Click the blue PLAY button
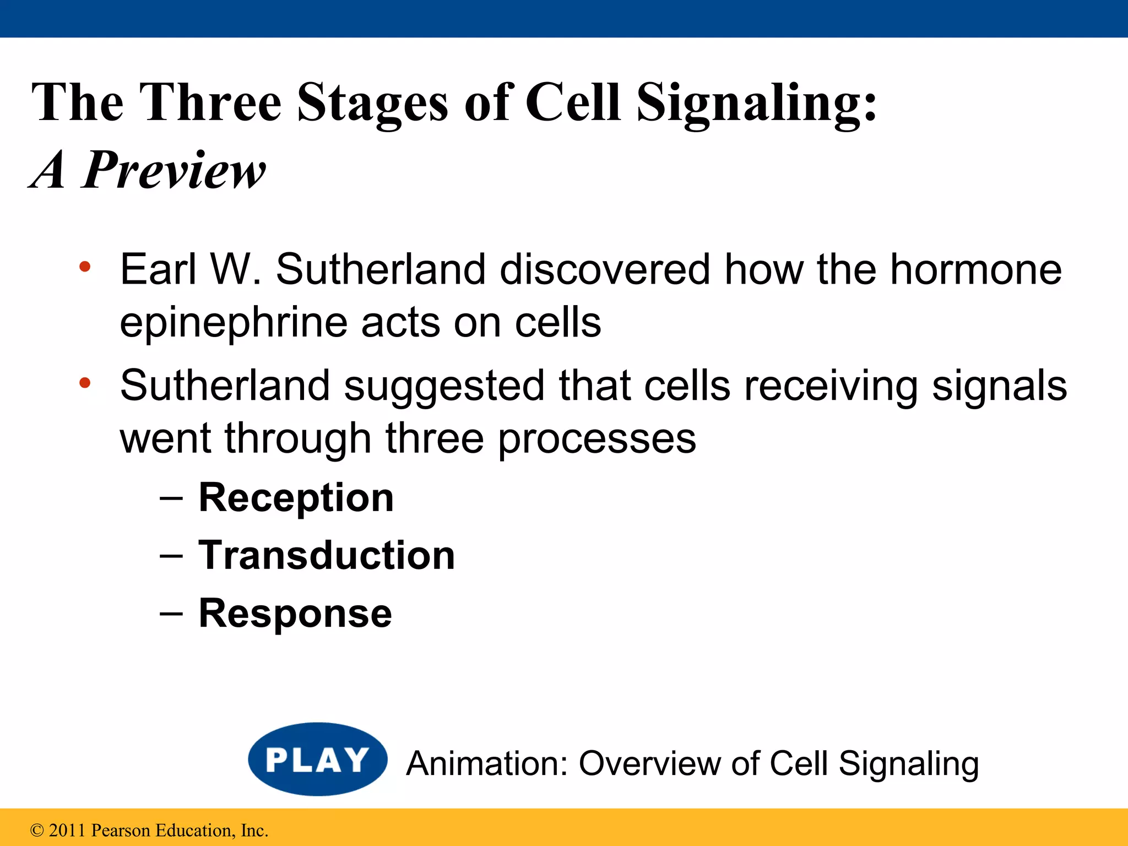click(x=317, y=760)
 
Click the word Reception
click(x=296, y=497)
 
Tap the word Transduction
click(x=327, y=555)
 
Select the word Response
click(x=295, y=614)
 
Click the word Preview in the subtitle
click(x=175, y=170)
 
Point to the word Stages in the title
click(x=373, y=103)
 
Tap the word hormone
click(x=976, y=269)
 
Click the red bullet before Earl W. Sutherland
click(x=84, y=267)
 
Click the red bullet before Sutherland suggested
click(x=84, y=383)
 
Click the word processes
click(x=597, y=438)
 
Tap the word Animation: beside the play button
click(x=487, y=764)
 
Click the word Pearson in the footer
click(x=120, y=830)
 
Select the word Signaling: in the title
click(x=757, y=103)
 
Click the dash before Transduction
click(x=171, y=556)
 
